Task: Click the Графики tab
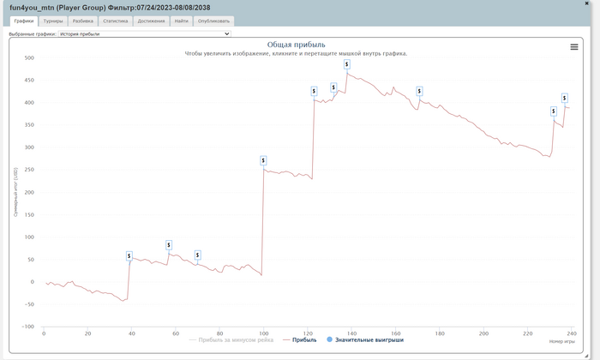tap(24, 21)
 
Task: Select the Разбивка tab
tap(83, 21)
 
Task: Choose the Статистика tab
tap(116, 21)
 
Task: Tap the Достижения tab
tap(151, 21)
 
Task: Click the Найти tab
tap(181, 21)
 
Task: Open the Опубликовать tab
tap(213, 21)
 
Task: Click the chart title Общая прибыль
tap(296, 45)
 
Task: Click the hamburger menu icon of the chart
tap(574, 47)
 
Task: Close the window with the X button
tap(591, 5)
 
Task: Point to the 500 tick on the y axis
tap(29, 58)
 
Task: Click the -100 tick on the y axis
tap(28, 327)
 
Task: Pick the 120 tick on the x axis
tap(308, 334)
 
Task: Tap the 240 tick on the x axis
tap(572, 334)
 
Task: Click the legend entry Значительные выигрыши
tap(367, 339)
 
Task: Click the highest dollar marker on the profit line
tap(346, 63)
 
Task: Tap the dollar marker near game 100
tap(262, 160)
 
